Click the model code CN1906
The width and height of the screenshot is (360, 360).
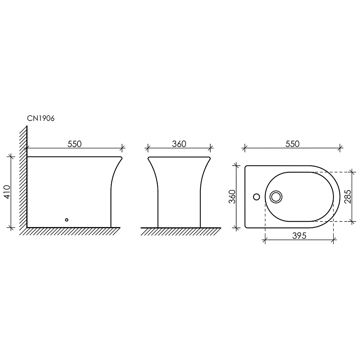point(41,118)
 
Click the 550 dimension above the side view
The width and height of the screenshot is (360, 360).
point(75,144)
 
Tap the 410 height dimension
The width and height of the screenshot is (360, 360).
point(7,192)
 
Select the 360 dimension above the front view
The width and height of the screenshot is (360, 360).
point(179,144)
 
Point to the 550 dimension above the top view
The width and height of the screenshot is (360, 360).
point(292,144)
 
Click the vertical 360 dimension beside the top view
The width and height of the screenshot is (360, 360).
point(232,197)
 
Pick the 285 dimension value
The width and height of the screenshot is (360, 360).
point(348,197)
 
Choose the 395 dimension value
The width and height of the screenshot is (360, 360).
point(300,235)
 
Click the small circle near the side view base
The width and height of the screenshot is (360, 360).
point(67,220)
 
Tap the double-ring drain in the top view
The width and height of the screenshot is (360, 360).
point(276,197)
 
